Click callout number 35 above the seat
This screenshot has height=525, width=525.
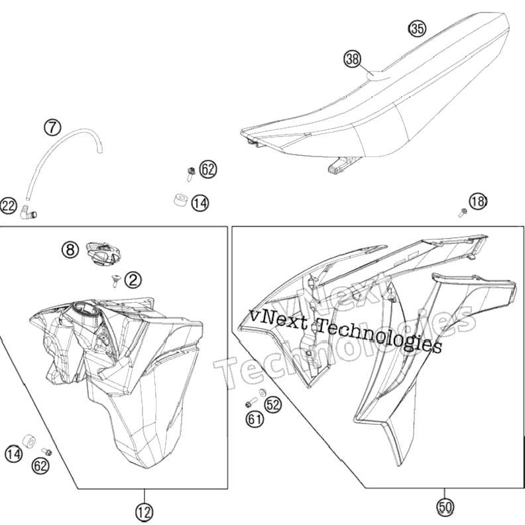417,28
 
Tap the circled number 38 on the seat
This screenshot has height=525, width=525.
353,59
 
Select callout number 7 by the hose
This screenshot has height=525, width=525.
52,127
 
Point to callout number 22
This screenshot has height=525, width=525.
9,205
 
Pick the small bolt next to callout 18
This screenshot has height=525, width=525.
463,212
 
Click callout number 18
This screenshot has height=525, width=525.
478,202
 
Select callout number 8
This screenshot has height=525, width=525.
70,249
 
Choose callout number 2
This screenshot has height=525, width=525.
133,280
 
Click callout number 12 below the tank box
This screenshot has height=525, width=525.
145,512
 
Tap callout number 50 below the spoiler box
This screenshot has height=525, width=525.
445,507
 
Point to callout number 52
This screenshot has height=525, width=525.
273,405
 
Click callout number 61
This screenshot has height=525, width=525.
255,418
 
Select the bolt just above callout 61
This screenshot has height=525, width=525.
251,403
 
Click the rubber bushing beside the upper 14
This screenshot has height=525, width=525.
181,200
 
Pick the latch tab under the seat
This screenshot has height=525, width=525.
343,164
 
